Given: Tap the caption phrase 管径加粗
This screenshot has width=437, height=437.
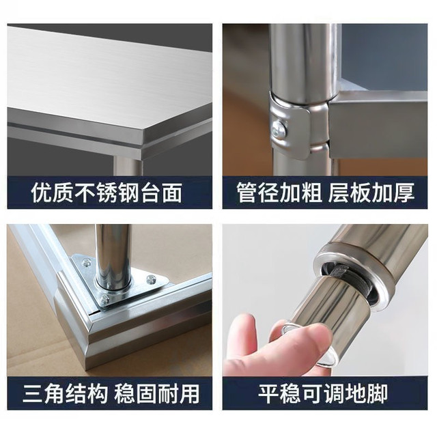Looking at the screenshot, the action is [279, 193].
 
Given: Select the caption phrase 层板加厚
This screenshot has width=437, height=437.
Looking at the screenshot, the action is [371, 193].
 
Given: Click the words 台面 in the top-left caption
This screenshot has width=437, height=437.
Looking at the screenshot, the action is [162, 193].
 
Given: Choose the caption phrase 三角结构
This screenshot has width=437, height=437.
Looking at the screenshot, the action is [66, 393].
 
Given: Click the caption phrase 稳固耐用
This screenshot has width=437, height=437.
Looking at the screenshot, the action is [157, 393].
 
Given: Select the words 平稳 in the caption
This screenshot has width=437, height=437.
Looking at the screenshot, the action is [279, 393].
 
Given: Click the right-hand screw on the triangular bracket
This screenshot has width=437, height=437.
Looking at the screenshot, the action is [152, 279].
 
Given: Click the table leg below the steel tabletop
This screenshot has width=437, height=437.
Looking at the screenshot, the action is [128, 166].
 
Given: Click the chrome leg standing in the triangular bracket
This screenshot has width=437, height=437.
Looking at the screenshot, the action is [113, 255].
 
